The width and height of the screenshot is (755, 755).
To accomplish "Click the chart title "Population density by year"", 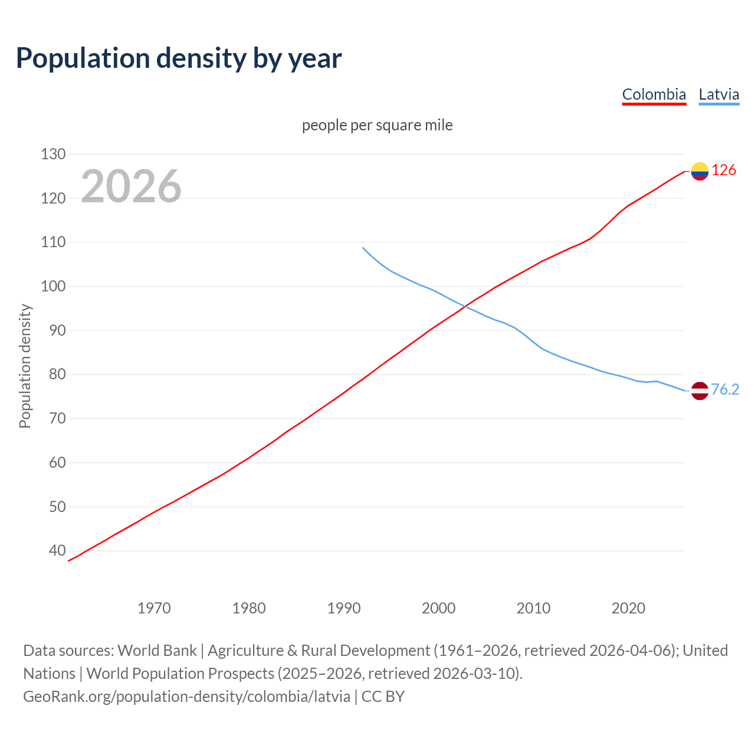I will click(x=179, y=58).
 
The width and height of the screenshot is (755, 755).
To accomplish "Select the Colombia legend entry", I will click(x=654, y=94).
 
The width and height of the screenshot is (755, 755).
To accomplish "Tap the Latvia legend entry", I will click(x=718, y=94).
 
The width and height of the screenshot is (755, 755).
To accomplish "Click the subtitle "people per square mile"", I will click(x=377, y=125).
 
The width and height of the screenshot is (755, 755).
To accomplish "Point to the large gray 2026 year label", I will click(x=131, y=186).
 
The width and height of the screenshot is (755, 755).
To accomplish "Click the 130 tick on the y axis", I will click(x=53, y=154).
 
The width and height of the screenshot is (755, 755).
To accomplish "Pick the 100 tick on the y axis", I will click(x=53, y=286).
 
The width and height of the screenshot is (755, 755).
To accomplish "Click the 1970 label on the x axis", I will click(x=154, y=608).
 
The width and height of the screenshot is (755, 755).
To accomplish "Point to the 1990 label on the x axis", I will click(x=344, y=608).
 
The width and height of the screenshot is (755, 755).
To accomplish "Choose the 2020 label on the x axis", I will click(x=628, y=608).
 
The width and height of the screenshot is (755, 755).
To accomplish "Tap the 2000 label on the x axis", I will click(x=439, y=608).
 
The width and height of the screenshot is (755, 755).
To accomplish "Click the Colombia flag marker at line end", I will click(x=700, y=171).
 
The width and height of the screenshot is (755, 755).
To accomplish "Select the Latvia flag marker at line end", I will click(x=700, y=390).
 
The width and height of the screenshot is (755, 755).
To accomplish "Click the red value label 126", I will click(x=724, y=170).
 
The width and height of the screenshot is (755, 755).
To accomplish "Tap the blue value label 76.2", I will click(x=725, y=389).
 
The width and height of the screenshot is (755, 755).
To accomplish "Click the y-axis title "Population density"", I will click(x=25, y=366).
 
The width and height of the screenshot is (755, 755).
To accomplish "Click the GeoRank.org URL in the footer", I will click(x=186, y=696).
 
